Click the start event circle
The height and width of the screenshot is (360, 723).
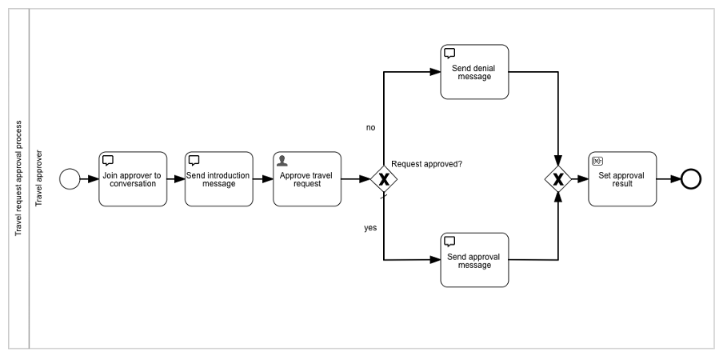click(x=70, y=179)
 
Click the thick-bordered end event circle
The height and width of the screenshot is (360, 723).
click(x=690, y=179)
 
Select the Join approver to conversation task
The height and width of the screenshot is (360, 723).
click(x=133, y=179)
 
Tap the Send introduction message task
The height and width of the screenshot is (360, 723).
click(x=218, y=179)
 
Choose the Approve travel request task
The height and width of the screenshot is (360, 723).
click(x=306, y=179)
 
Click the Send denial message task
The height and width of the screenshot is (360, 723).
click(x=474, y=72)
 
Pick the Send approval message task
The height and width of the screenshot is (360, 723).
click(x=474, y=260)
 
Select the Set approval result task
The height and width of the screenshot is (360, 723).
click(x=621, y=179)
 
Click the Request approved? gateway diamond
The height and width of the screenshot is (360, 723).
click(x=384, y=179)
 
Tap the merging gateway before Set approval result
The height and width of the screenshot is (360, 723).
click(x=558, y=179)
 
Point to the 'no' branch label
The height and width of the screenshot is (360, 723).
click(x=370, y=127)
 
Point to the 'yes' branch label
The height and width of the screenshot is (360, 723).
click(x=370, y=228)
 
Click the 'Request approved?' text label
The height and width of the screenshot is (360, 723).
click(x=426, y=163)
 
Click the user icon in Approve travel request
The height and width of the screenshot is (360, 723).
click(x=282, y=160)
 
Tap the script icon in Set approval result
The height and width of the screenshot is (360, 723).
click(x=597, y=160)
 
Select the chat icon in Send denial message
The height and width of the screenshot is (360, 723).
click(x=449, y=54)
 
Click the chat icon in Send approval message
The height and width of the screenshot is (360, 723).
click(x=449, y=242)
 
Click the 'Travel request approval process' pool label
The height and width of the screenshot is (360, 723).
click(x=18, y=178)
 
